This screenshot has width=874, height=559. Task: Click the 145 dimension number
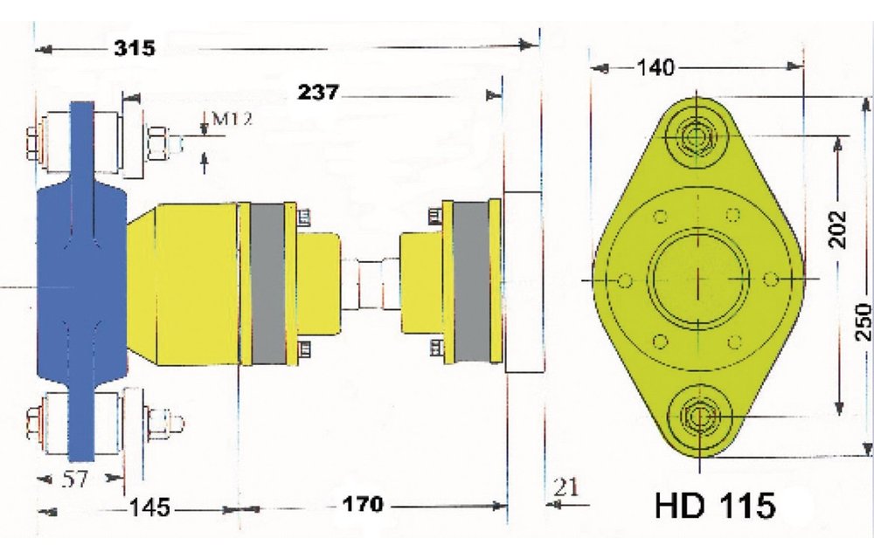[x=149, y=507]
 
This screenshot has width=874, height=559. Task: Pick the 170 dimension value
[x=362, y=505]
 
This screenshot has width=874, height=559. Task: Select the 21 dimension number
[x=566, y=488]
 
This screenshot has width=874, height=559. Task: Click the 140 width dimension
[x=655, y=67]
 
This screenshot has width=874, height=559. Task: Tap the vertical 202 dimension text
[x=838, y=230]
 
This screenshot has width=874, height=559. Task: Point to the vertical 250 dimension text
[x=863, y=323]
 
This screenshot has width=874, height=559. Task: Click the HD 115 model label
[x=714, y=507]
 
